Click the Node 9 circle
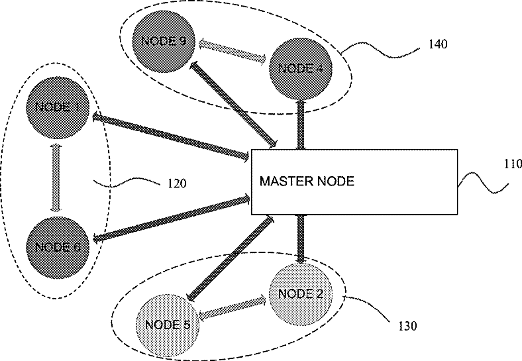159,41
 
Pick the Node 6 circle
58,246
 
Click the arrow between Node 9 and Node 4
229,52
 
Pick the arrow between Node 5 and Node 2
234,306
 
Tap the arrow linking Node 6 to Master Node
171,217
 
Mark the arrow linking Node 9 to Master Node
234,103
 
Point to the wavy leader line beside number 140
378,49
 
